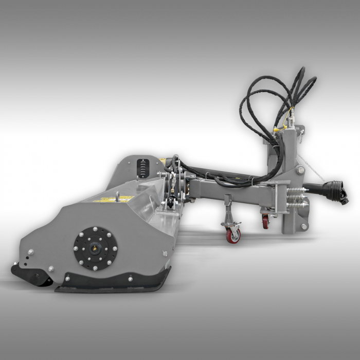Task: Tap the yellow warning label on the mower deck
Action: click(115, 198)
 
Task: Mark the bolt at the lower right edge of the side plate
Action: click(165, 253)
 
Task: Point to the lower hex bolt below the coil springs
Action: click(303, 226)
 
